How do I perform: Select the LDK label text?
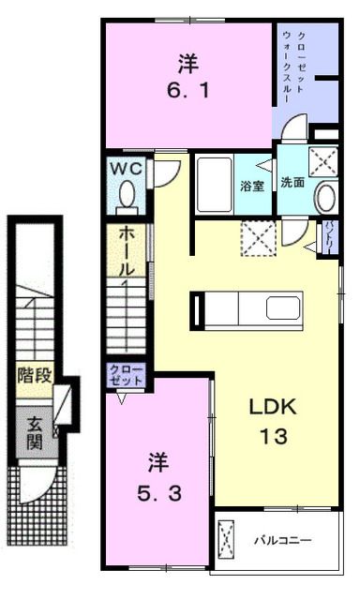coord(272,408)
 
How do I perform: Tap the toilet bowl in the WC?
coord(127,196)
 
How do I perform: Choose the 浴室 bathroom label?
coord(250,184)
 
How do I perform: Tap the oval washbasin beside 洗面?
coord(325,199)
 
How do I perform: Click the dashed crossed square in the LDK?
coord(256,237)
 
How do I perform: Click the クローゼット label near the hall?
coord(127,377)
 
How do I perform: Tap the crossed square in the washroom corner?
coord(323,162)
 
